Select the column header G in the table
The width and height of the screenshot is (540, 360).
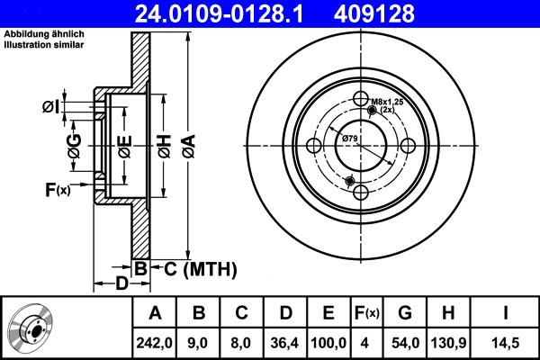coord(405,312)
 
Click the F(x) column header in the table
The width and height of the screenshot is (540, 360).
coord(366,312)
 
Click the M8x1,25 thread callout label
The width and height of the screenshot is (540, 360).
coord(387,103)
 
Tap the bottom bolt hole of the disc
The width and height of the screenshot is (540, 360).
coord(361,193)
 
